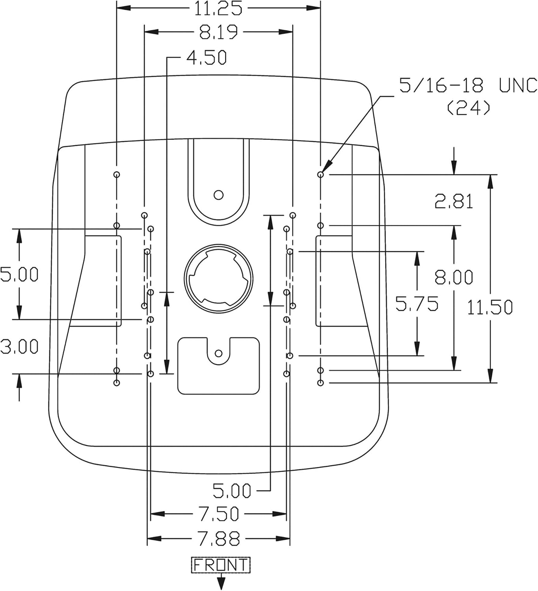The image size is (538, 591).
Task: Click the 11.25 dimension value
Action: (218, 8)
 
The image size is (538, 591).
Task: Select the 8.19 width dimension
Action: (218, 32)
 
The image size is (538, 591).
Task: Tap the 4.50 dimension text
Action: (207, 57)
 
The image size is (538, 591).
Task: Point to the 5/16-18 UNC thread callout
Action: (468, 85)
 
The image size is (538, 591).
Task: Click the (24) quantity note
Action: (468, 108)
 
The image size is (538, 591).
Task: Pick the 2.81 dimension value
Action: (454, 201)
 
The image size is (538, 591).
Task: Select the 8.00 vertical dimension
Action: (454, 277)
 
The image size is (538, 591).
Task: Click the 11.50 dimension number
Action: (490, 307)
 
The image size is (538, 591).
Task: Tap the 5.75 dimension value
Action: (417, 304)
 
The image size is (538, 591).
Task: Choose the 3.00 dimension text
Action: (19, 346)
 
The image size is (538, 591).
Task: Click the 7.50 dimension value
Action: (218, 514)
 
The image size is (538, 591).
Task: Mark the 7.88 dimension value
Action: (218, 539)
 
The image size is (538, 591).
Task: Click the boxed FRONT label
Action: (221, 565)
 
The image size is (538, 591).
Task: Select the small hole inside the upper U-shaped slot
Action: (218, 195)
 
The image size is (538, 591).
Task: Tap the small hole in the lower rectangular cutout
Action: (218, 353)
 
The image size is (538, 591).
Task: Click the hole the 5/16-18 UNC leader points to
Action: (321, 175)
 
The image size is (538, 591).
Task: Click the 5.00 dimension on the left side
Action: (19, 274)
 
